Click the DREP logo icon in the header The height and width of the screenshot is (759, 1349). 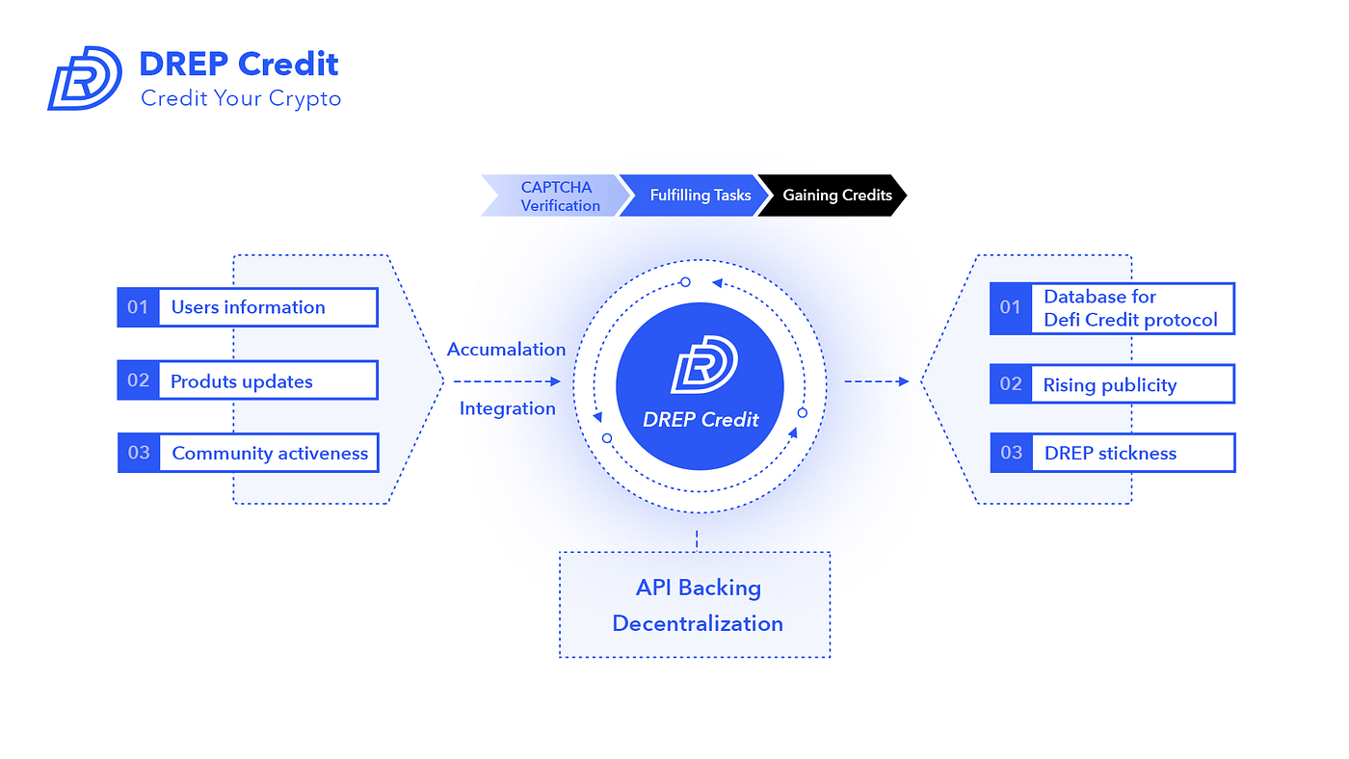point(85,77)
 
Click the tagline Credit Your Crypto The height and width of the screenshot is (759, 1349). point(241,98)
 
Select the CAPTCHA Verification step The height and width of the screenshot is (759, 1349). point(555,196)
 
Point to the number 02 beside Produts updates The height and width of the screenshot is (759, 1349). point(139,380)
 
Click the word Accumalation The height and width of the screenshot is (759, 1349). point(506,349)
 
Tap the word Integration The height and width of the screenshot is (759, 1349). point(507,408)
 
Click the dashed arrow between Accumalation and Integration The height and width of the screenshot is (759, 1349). point(506,381)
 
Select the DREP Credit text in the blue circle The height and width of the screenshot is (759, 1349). point(701,420)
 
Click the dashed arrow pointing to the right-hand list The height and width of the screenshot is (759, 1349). point(876,381)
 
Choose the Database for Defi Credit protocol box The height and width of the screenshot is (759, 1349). point(1130,308)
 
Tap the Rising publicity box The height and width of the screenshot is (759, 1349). point(1130,384)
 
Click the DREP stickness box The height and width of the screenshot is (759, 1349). point(1130,453)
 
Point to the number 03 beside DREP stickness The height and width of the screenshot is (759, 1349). point(1011,453)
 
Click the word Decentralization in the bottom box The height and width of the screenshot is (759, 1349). point(698,623)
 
